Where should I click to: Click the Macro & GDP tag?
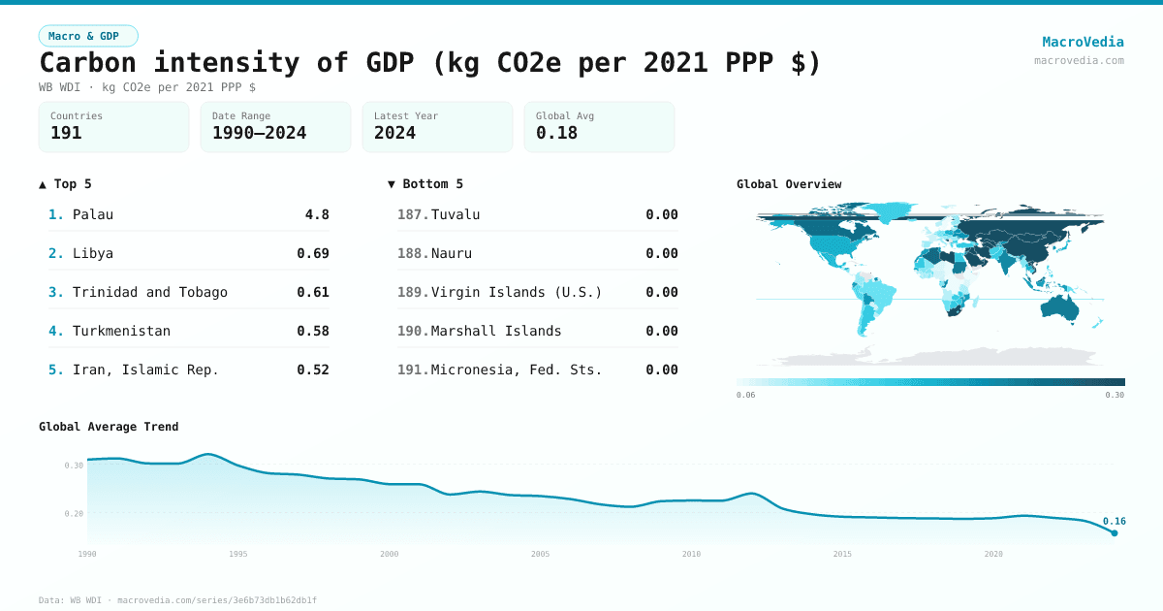pyautogui.click(x=88, y=36)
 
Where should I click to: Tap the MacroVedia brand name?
pyautogui.click(x=1083, y=42)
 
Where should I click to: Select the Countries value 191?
pyautogui.click(x=66, y=133)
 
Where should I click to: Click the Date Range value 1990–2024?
pyautogui.click(x=259, y=133)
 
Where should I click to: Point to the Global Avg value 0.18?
pyautogui.click(x=556, y=133)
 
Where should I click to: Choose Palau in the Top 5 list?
pyautogui.click(x=93, y=214)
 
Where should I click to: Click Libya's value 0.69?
pyautogui.click(x=312, y=253)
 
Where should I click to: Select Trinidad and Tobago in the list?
pyautogui.click(x=150, y=292)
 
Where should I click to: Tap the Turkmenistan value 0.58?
pyautogui.click(x=312, y=331)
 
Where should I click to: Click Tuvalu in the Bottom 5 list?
pyautogui.click(x=456, y=214)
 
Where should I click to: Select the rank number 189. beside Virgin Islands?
pyautogui.click(x=413, y=292)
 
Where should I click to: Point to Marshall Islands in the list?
pyautogui.click(x=496, y=331)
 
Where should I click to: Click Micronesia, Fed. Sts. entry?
pyautogui.click(x=517, y=370)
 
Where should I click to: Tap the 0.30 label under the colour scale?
pyautogui.click(x=1115, y=395)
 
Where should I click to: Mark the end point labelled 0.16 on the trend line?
pyautogui.click(x=1114, y=532)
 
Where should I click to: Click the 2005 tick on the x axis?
pyautogui.click(x=540, y=554)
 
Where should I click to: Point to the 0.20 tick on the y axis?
pyautogui.click(x=74, y=513)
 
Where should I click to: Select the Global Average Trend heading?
pyautogui.click(x=109, y=427)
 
